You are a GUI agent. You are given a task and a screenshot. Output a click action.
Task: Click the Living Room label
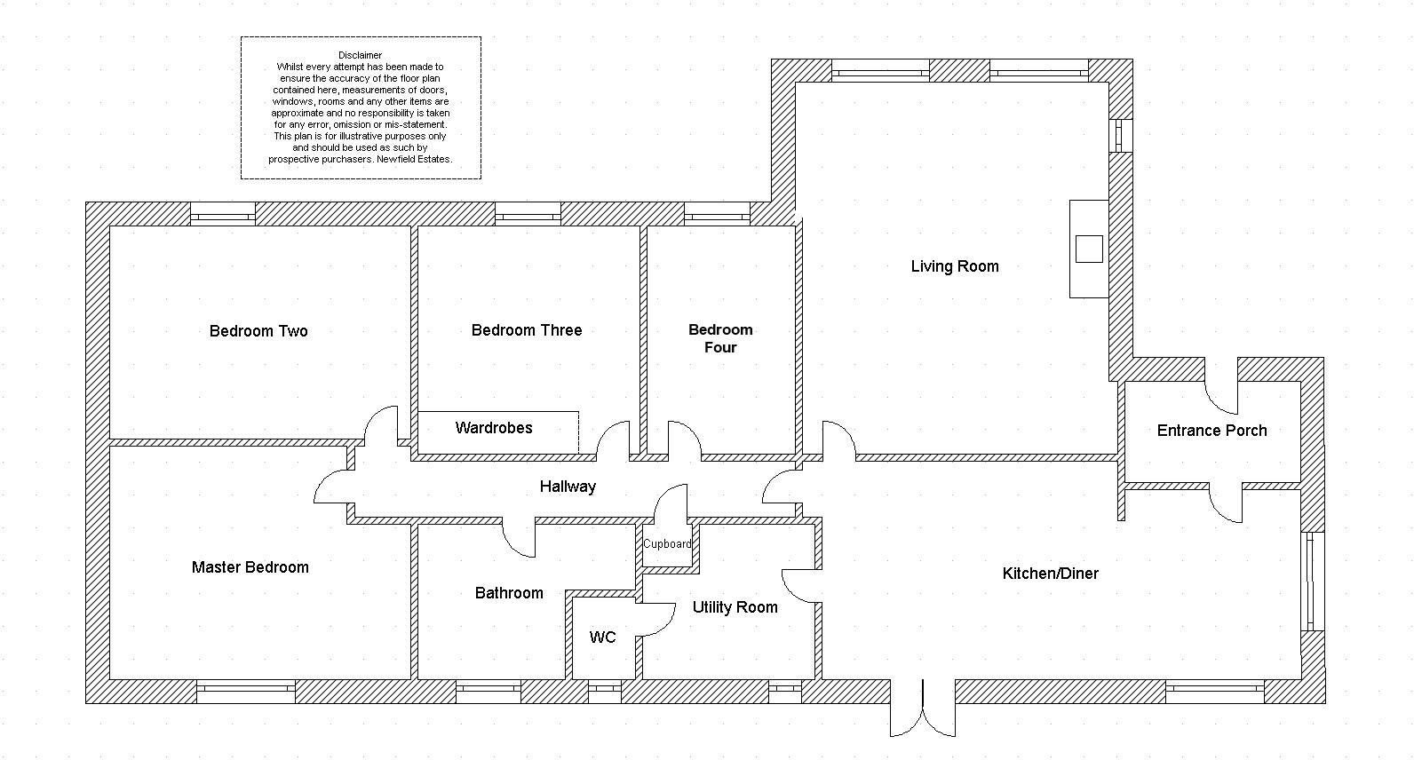pyautogui.click(x=955, y=266)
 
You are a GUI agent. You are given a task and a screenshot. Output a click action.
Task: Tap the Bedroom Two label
pyautogui.click(x=258, y=331)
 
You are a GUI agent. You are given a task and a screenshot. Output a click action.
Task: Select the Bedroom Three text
pyautogui.click(x=527, y=330)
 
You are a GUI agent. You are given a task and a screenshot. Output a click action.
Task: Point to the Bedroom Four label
pyautogui.click(x=720, y=338)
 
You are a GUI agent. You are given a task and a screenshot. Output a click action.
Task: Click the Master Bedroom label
pyautogui.click(x=250, y=567)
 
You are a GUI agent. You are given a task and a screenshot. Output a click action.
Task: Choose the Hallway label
pyautogui.click(x=568, y=487)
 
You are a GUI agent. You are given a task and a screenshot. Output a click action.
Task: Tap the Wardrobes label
pyautogui.click(x=494, y=428)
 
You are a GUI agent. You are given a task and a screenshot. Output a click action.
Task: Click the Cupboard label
pyautogui.click(x=667, y=544)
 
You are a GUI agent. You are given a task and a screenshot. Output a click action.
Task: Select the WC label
pyautogui.click(x=602, y=637)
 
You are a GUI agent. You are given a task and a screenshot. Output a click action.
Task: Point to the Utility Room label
pyautogui.click(x=735, y=607)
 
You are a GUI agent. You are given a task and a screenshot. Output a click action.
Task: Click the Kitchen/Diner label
pyautogui.click(x=1050, y=574)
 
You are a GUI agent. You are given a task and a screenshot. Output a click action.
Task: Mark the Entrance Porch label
pyautogui.click(x=1211, y=431)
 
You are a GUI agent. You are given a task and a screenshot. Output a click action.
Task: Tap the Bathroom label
pyautogui.click(x=509, y=593)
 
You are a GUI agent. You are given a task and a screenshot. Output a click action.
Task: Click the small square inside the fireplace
pyautogui.click(x=1089, y=249)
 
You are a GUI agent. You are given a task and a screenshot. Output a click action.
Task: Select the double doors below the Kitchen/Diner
pyautogui.click(x=923, y=710)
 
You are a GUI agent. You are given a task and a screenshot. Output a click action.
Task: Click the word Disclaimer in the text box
pyautogui.click(x=360, y=55)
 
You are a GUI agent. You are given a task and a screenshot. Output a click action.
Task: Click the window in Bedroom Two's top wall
pyautogui.click(x=223, y=214)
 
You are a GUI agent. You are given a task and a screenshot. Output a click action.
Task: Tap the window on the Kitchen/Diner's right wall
pyautogui.click(x=1312, y=582)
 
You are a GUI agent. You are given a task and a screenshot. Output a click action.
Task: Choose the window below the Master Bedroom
pyautogui.click(x=245, y=692)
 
